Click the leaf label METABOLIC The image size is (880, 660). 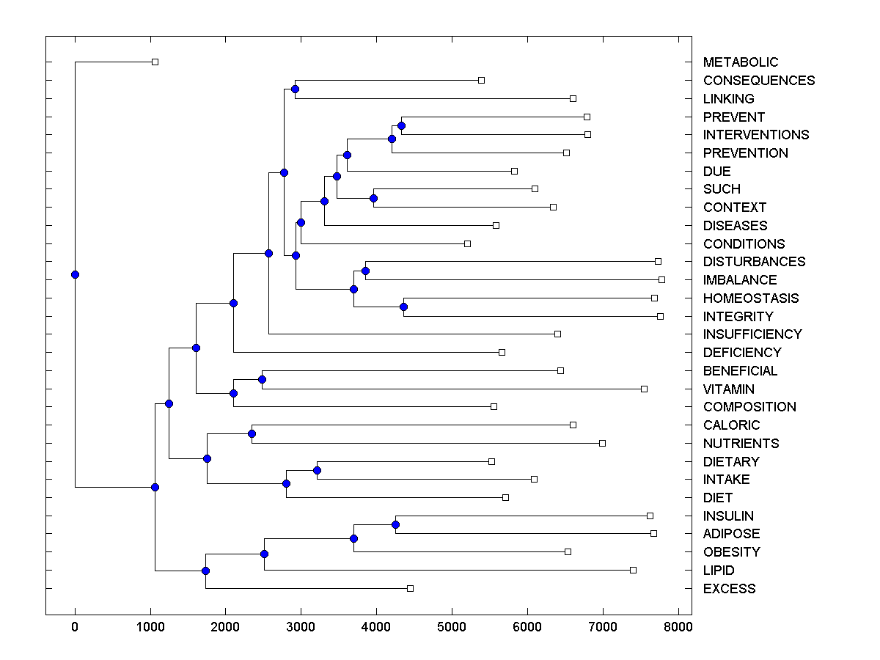click(x=740, y=62)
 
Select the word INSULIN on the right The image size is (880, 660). click(x=728, y=516)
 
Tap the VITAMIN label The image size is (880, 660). click(x=728, y=389)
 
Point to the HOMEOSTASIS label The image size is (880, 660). click(x=750, y=298)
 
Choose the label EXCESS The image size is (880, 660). click(x=729, y=589)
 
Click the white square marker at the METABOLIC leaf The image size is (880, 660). click(x=155, y=62)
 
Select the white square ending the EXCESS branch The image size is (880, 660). click(x=410, y=588)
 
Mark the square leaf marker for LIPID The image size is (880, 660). click(x=633, y=570)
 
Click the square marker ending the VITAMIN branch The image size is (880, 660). click(x=644, y=389)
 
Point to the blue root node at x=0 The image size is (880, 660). click(x=75, y=274)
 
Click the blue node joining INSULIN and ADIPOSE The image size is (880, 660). click(x=395, y=524)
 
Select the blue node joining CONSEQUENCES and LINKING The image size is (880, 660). click(x=295, y=89)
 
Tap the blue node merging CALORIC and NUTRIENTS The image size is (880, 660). click(x=252, y=433)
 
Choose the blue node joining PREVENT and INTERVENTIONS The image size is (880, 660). click(x=401, y=125)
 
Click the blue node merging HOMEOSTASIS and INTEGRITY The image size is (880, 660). click(x=403, y=307)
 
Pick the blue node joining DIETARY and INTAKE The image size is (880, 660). click(x=317, y=470)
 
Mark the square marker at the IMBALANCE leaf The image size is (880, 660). click(x=661, y=279)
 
